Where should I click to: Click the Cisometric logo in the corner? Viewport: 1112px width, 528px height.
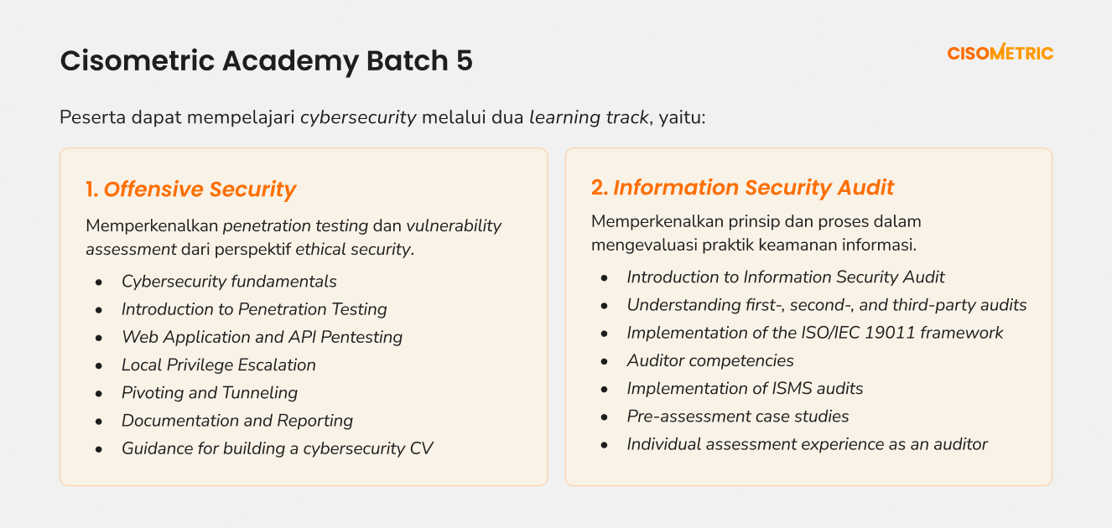[1000, 52]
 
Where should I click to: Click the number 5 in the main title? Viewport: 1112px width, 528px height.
[464, 60]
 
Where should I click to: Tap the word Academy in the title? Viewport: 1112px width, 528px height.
[290, 61]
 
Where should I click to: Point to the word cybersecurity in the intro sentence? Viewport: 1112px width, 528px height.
[358, 117]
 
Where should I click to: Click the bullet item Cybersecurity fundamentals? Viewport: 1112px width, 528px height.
[229, 282]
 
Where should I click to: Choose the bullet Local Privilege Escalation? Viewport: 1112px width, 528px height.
[218, 365]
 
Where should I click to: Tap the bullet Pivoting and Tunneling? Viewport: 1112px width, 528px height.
[210, 392]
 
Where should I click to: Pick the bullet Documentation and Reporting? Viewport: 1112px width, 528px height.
[236, 421]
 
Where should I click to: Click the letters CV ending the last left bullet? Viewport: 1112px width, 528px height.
[422, 448]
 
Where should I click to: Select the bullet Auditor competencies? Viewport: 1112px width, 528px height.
[710, 360]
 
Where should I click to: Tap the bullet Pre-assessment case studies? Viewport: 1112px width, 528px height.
[738, 416]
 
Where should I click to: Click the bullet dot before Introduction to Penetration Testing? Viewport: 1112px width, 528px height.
[99, 310]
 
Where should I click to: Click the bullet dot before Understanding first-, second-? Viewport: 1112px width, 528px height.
[604, 306]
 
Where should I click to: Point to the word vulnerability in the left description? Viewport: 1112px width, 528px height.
[454, 225]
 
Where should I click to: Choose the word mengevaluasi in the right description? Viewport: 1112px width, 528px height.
[644, 245]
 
